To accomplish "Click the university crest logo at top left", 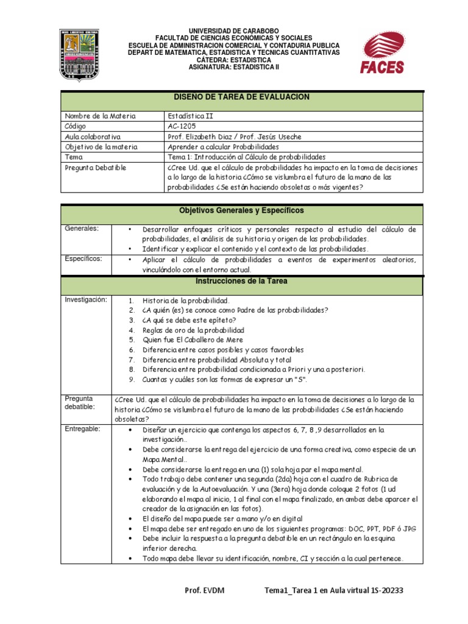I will pos(82,55).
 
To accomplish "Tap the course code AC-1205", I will pos(182,126).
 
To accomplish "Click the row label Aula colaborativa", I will pos(92,136).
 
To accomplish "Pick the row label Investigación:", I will pos(86,300).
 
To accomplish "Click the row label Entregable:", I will pos(83,429).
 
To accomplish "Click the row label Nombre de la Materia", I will pos(100,116).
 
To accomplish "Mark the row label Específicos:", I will pos(84,258).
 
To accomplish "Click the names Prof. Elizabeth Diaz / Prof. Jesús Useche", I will pos(233,136).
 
